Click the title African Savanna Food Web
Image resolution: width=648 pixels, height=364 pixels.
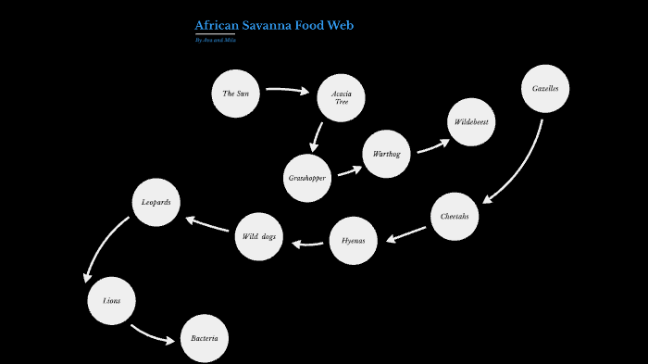[x=274, y=25]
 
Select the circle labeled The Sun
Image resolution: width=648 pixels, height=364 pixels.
[x=235, y=94]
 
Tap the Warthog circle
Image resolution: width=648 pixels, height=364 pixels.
[x=386, y=155]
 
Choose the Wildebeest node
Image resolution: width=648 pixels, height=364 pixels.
[x=472, y=122]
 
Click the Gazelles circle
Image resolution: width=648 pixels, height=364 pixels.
[x=544, y=90]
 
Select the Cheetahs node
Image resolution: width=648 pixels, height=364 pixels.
[x=455, y=217]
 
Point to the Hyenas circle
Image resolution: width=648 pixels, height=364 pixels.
[x=353, y=241]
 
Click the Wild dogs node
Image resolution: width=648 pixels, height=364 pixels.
[x=259, y=237]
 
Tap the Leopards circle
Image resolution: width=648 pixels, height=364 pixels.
[x=156, y=202]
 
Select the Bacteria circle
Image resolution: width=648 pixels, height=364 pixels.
[x=204, y=339]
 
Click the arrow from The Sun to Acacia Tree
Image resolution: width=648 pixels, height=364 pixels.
[x=288, y=91]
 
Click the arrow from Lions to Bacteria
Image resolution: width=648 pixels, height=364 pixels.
[x=151, y=333]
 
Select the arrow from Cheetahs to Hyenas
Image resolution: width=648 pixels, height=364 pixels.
[x=406, y=234]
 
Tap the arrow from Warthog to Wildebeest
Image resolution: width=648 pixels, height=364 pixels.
[x=432, y=146]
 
